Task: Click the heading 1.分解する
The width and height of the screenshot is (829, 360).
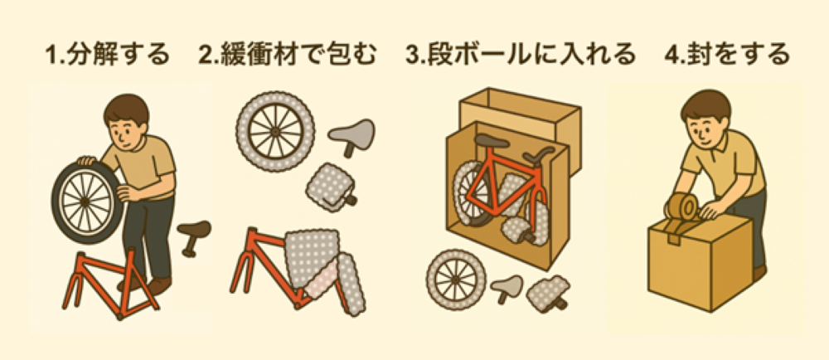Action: [x=107, y=56]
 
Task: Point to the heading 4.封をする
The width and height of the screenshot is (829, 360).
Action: [x=726, y=56]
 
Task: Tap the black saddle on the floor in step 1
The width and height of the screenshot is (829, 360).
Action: [x=193, y=233]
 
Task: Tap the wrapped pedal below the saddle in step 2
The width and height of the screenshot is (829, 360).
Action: [x=330, y=187]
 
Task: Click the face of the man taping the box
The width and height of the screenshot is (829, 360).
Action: [x=704, y=129]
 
